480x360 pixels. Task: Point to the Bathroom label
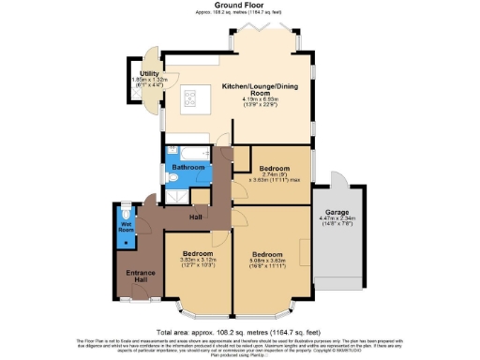(187, 168)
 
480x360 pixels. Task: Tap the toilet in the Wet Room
(127, 212)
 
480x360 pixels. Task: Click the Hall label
(196, 217)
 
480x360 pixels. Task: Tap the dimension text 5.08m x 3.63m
(266, 260)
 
